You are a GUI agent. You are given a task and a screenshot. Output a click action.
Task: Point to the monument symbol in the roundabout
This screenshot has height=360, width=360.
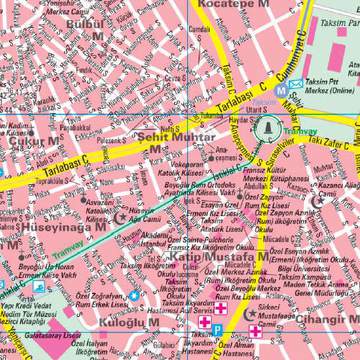pyautogui.click(x=267, y=127)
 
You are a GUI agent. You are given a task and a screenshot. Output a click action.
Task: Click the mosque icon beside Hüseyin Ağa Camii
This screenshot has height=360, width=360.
pyautogui.click(x=125, y=216)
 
